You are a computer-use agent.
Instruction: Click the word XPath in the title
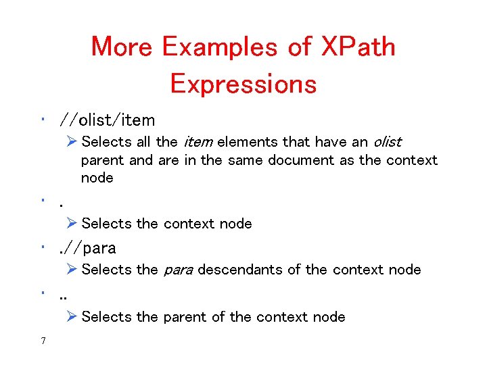point(358,47)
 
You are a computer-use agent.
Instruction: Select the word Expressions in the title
point(243,84)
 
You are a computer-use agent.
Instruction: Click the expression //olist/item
point(107,120)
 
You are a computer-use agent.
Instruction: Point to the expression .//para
point(88,247)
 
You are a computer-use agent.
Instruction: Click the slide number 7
point(43,341)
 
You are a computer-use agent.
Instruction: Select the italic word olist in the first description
point(386,142)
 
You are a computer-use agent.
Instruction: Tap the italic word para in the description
point(178,270)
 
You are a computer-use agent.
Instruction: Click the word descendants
point(249,270)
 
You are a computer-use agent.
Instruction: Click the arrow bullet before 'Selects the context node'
point(73,224)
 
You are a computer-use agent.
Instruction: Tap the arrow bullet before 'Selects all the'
point(73,142)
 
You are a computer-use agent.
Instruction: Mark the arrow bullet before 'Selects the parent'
point(73,317)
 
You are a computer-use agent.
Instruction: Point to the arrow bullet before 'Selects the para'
point(73,270)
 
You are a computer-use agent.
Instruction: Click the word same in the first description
point(246,160)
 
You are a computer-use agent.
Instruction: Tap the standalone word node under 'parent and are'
point(97,178)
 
